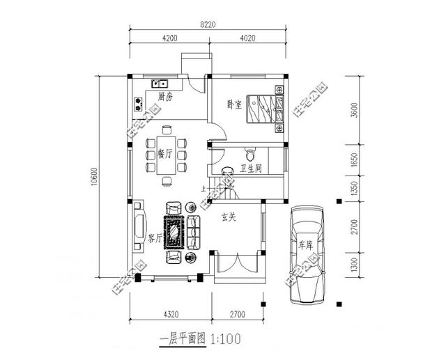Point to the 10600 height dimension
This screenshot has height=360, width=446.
coord(93,177)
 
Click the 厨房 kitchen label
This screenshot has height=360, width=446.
coord(165,96)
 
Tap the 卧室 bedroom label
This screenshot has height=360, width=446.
coord(234,105)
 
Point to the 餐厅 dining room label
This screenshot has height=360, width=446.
coord(165,154)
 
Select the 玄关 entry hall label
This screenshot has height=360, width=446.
coord(229,217)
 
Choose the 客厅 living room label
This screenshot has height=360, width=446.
coord(155,238)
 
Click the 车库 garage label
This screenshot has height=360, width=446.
coord(307,244)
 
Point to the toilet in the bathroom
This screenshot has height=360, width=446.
coord(250,151)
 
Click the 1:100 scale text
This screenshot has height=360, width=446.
coord(224,340)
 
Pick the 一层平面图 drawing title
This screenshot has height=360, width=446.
coord(183,340)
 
